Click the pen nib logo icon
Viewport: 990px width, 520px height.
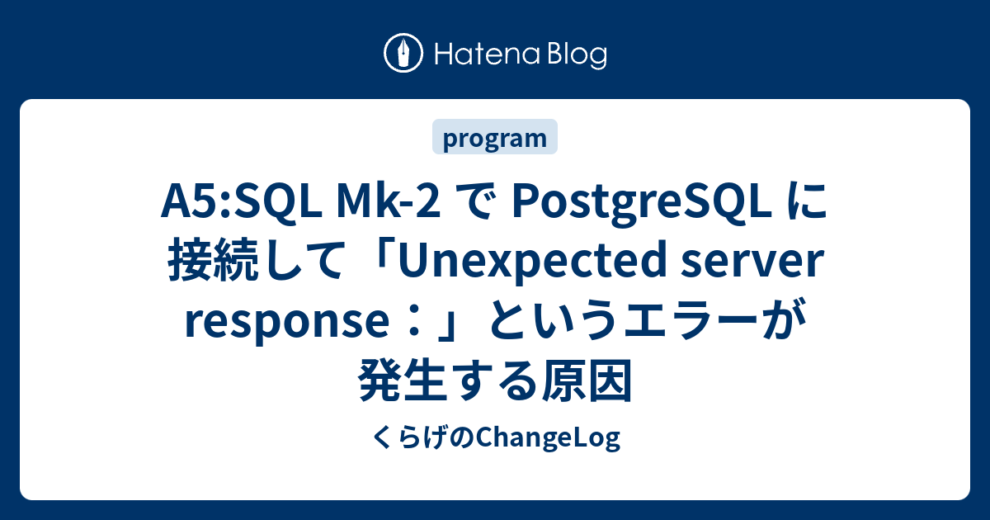click(403, 53)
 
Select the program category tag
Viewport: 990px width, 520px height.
click(495, 137)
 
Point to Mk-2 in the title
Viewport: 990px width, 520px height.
click(389, 201)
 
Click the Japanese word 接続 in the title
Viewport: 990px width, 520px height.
click(213, 261)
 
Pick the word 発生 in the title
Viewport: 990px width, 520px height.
click(403, 380)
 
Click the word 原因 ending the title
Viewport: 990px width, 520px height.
click(587, 380)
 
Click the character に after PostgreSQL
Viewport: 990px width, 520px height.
click(805, 201)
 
